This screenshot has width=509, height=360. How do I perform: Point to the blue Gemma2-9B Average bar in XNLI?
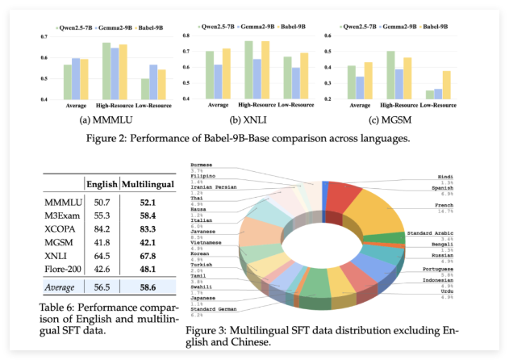pyautogui.click(x=217, y=82)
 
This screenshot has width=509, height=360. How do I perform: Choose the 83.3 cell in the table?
pyautogui.click(x=146, y=229)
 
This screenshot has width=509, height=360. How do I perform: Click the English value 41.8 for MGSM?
pyautogui.click(x=102, y=244)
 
